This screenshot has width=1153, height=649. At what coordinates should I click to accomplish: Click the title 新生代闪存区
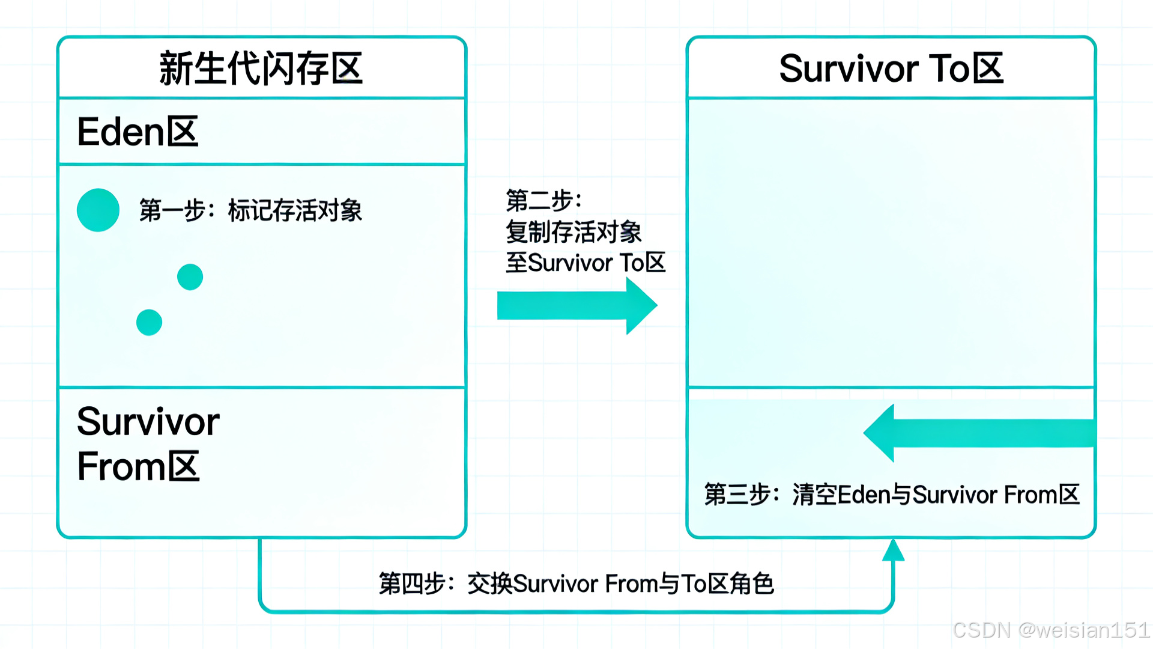(x=261, y=69)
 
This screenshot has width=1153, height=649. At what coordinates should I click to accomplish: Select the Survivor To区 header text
(x=891, y=69)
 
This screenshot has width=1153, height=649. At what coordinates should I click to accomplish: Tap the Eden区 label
(x=138, y=132)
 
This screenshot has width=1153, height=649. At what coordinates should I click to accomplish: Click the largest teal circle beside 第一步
(x=98, y=210)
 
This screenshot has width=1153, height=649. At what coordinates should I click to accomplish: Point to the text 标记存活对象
(x=295, y=211)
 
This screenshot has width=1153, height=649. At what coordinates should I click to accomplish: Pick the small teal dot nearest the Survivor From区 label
(x=149, y=323)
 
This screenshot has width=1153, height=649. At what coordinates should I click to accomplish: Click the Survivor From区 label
(x=147, y=444)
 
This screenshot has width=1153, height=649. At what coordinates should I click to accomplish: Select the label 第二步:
(x=543, y=200)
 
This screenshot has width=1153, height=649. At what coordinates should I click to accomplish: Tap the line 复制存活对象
(x=573, y=232)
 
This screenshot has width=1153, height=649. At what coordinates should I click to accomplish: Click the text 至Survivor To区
(x=586, y=263)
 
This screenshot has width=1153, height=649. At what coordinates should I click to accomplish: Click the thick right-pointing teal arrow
(x=576, y=305)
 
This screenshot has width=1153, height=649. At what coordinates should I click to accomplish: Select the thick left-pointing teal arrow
(x=979, y=433)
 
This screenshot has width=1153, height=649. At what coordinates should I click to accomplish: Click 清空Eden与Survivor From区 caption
(x=936, y=495)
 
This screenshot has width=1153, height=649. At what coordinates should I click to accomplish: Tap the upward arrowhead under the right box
(x=893, y=550)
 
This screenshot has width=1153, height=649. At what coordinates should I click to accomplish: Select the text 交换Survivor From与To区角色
(x=620, y=583)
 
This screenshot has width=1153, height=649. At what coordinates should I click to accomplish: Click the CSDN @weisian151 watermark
(x=1051, y=630)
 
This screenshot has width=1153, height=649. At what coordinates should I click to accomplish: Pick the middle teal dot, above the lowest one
(x=190, y=277)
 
